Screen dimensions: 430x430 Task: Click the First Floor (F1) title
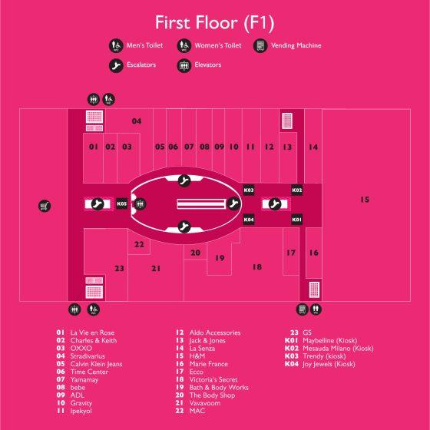coord(214,23)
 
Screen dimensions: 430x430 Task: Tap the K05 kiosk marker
coord(122,203)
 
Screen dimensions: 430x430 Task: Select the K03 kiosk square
coord(249,190)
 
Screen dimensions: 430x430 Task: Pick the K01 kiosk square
coord(296,220)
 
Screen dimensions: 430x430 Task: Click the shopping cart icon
coord(45,206)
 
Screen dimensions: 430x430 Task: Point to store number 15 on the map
coord(365,200)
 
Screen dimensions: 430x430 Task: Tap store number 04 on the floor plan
coord(137,121)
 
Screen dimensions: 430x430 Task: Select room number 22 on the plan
coord(139,244)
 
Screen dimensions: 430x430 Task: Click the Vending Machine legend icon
coord(260,45)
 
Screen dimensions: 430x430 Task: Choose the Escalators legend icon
coord(116,65)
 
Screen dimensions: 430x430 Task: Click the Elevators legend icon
coord(184,65)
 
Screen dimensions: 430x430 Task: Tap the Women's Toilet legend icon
coord(184,45)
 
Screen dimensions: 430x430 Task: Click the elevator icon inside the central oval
coord(140,204)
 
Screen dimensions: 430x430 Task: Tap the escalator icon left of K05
coord(98,204)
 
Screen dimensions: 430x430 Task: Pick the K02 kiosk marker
coord(296,190)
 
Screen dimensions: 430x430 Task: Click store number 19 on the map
coord(220,258)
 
